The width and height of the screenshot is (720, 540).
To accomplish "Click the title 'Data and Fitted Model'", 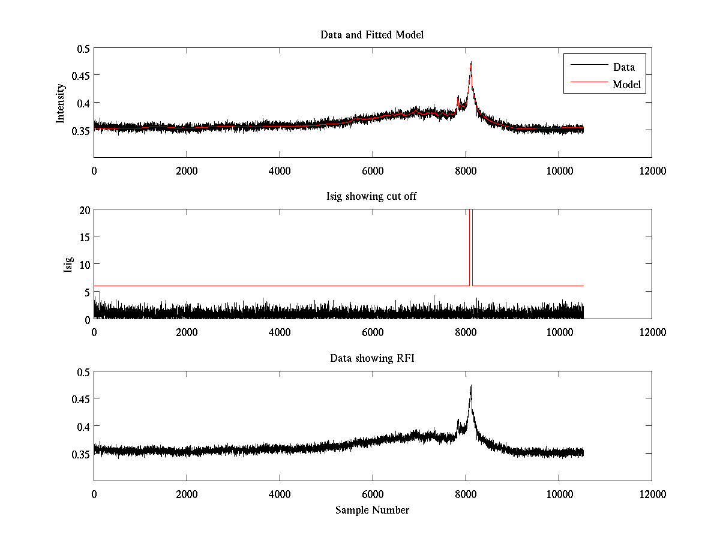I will tap(372, 35).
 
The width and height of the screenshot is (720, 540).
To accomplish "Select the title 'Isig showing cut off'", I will tap(372, 197).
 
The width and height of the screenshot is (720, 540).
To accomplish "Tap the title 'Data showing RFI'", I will tap(372, 359).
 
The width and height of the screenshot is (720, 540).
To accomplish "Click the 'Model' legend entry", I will tap(627, 85).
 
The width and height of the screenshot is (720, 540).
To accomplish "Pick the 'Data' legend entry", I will tap(624, 67).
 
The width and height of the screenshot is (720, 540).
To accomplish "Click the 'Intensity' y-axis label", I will tap(61, 103).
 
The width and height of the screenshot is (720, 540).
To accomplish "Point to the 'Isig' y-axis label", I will tap(68, 265).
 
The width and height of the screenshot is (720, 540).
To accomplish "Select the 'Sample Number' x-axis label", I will tap(372, 510).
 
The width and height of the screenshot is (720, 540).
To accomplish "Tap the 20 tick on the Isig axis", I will tap(83, 210).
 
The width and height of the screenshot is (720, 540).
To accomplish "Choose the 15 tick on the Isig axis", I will tap(83, 237).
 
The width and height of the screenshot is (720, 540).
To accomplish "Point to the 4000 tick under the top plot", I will tap(280, 170).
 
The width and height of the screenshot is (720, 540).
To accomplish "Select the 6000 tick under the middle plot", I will tap(373, 332).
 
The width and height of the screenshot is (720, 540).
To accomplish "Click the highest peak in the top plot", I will tap(471, 63).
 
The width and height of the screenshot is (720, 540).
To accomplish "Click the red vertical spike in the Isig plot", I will tap(470, 246).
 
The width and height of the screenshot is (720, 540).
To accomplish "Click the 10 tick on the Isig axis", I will tap(83, 265).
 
